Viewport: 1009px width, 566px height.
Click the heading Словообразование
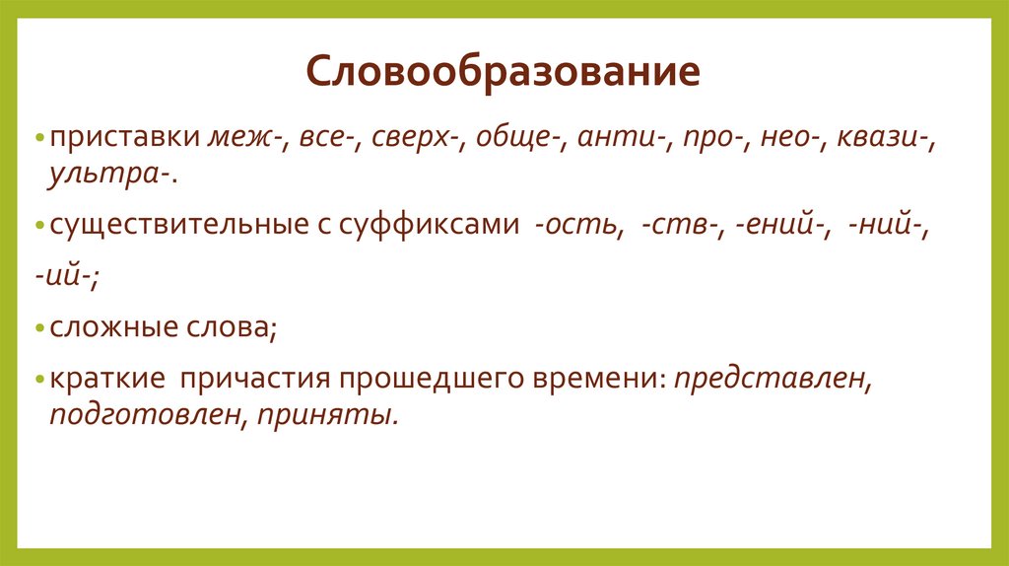pyautogui.click(x=504, y=74)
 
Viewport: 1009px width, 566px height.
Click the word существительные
pyautogui.click(x=181, y=226)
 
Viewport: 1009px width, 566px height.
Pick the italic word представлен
pyautogui.click(x=771, y=379)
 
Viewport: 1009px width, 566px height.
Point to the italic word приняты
pyautogui.click(x=329, y=414)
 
